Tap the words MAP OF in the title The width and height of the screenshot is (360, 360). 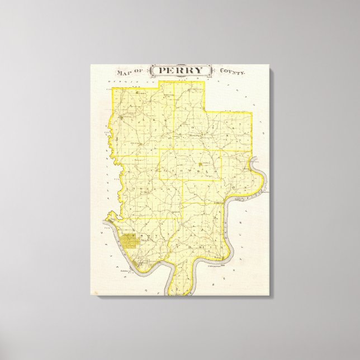pos(128,72)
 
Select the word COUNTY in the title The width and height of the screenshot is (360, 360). pos(231,72)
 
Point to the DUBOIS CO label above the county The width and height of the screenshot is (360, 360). pos(134,83)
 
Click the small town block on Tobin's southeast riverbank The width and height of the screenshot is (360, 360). pos(222,258)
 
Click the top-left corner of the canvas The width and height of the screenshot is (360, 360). pos(91,65)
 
